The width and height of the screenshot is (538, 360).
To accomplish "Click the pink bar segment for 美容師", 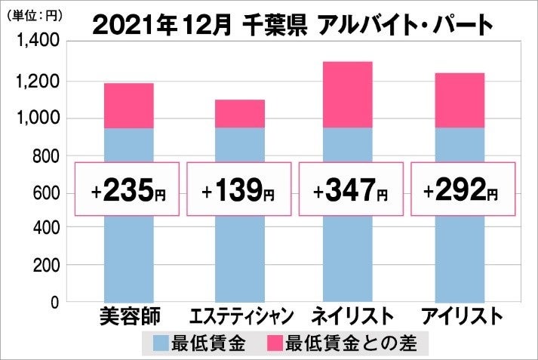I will [129, 106].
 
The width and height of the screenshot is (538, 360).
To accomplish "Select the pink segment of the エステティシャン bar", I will [239, 113].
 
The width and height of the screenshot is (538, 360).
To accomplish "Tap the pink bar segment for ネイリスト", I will [349, 94].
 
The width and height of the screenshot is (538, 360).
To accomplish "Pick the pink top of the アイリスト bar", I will [459, 100].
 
